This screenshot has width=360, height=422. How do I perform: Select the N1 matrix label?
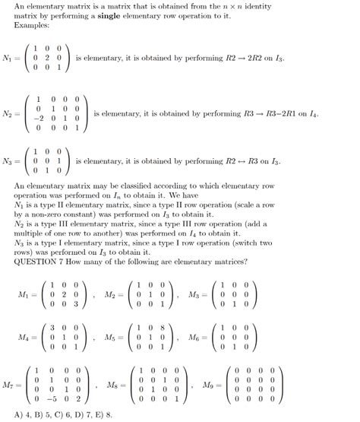pyautogui.click(x=9, y=58)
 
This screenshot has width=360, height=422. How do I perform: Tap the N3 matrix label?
pyautogui.click(x=9, y=161)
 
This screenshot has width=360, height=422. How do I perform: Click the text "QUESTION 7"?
pyautogui.click(x=39, y=261)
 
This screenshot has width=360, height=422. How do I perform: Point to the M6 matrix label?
pyautogui.click(x=198, y=336)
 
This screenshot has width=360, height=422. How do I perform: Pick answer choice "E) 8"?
pyautogui.click(x=104, y=415)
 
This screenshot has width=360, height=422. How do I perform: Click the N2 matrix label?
pyautogui.click(x=9, y=114)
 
